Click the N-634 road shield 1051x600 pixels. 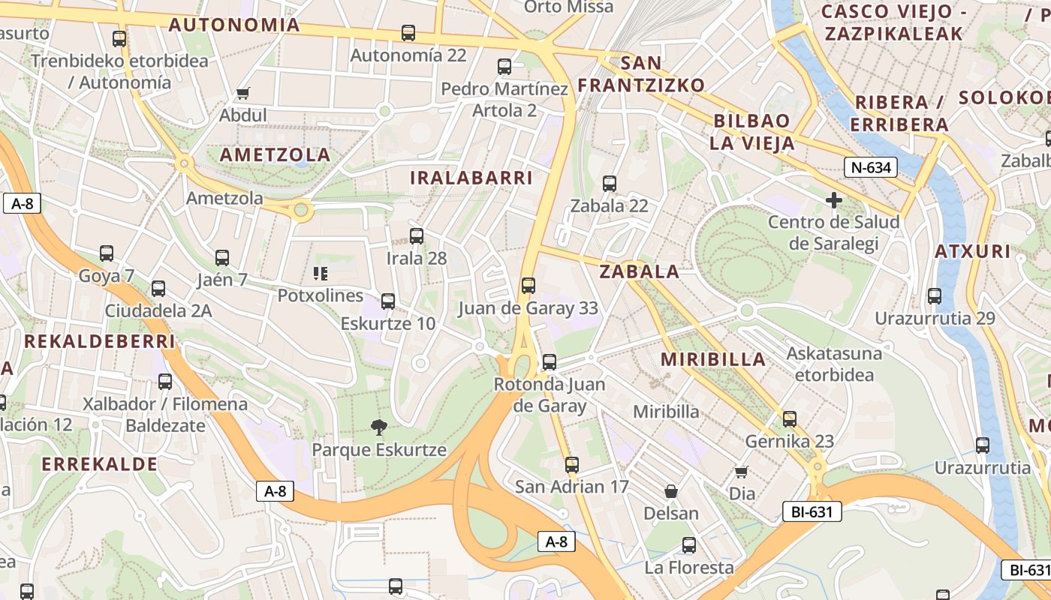871,167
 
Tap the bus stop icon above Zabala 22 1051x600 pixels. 610,183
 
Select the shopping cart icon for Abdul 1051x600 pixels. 242,94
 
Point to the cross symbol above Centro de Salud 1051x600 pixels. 833,200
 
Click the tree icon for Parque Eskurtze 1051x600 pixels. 379,427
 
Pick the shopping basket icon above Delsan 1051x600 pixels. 671,491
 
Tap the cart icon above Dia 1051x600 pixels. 742,472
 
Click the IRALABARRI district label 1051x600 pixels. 471,178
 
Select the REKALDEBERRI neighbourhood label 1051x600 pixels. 99,341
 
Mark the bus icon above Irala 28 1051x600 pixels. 417,235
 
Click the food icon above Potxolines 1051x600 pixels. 321,274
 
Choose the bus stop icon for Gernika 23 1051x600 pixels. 789,418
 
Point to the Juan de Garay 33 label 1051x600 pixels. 528,308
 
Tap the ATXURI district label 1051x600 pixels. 972,251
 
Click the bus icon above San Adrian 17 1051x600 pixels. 572,464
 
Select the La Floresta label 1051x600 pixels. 689,568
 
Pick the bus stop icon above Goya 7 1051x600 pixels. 107,253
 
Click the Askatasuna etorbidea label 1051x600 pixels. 834,364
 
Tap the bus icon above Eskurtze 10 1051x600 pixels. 388,301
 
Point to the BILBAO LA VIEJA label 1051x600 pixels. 753,132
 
